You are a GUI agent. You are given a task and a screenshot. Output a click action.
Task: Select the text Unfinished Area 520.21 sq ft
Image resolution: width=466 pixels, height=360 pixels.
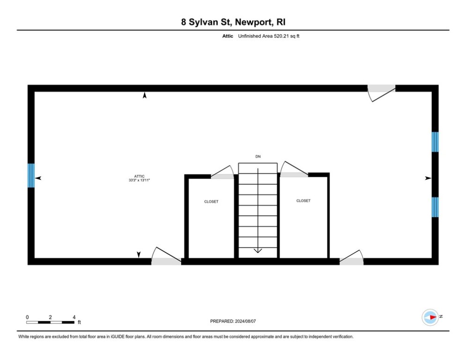coord(268,36)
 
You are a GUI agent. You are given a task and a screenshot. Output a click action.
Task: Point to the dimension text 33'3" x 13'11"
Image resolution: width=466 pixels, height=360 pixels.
coord(139,180)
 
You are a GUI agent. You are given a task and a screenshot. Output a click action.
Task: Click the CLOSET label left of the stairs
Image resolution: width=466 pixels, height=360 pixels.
coord(211,202)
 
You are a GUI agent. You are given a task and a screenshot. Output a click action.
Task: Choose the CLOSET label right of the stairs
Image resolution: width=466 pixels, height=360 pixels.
coord(303,201)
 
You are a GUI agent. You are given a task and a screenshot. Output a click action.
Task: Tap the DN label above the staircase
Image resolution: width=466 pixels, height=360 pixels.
coord(258,157)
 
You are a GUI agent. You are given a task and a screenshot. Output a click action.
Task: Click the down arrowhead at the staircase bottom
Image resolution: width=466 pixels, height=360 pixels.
coord(258,251)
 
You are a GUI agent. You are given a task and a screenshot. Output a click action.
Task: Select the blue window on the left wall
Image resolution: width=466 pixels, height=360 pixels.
coord(31,175)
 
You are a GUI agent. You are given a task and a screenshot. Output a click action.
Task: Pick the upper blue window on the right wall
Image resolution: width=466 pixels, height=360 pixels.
coord(435,142)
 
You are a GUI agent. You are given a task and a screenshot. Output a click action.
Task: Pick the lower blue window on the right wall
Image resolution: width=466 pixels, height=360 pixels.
coord(435,207)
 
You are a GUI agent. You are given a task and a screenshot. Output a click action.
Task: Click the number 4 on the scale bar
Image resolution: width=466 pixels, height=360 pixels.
coord(74,317)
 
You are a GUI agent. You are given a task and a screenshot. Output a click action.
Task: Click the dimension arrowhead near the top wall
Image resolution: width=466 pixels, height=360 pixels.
coord(145,96)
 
